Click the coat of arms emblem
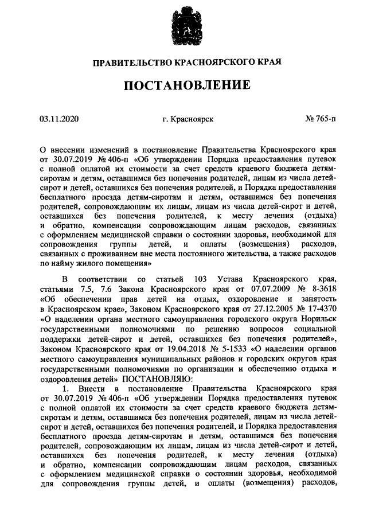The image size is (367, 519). [x=183, y=26]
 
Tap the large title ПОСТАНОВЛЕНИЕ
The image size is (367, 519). [x=183, y=87]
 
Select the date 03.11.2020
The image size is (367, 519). [x=58, y=119]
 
